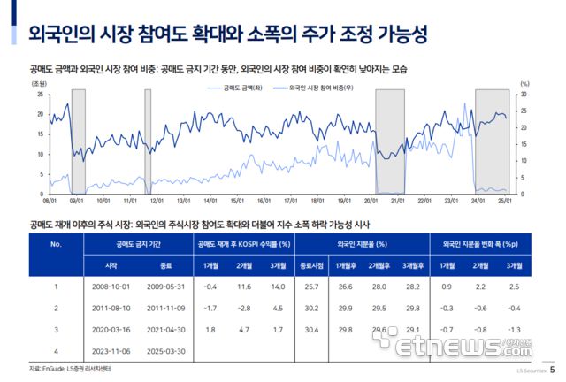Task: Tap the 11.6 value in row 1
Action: [x=240, y=286]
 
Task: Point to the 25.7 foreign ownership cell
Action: [x=310, y=286]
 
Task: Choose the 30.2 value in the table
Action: [x=310, y=308]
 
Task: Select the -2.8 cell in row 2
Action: [x=240, y=308]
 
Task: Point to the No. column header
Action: [x=55, y=242]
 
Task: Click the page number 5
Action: [x=553, y=371]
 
